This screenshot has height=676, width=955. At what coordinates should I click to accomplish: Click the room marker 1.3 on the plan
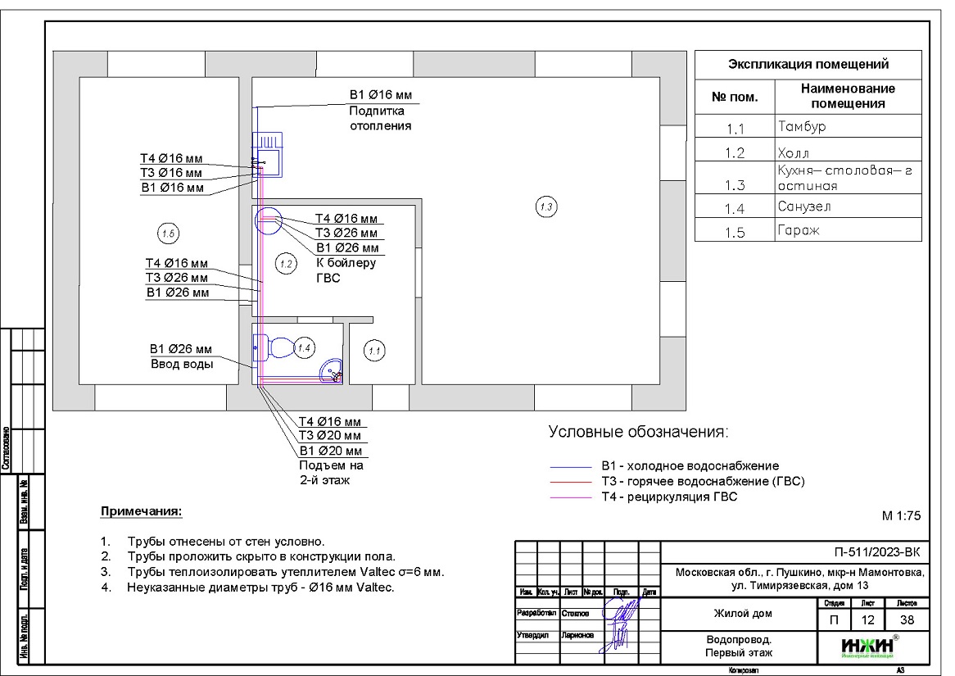click(546, 207)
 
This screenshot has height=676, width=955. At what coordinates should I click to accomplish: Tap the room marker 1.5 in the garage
click(167, 234)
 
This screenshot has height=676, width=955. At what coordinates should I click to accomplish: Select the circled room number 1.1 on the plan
click(375, 351)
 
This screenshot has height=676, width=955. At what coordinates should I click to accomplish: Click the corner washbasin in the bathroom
click(332, 371)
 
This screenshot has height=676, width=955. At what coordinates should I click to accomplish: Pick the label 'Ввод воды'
click(181, 365)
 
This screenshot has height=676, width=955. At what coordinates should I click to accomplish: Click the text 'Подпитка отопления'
click(379, 119)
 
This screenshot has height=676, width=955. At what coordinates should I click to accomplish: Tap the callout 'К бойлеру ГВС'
click(346, 270)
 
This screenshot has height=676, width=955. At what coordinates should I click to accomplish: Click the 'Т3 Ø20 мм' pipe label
click(329, 436)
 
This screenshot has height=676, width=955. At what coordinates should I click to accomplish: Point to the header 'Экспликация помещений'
click(808, 65)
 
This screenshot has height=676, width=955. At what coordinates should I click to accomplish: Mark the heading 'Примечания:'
click(141, 512)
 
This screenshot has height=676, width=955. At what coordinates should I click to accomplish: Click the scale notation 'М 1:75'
click(901, 516)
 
